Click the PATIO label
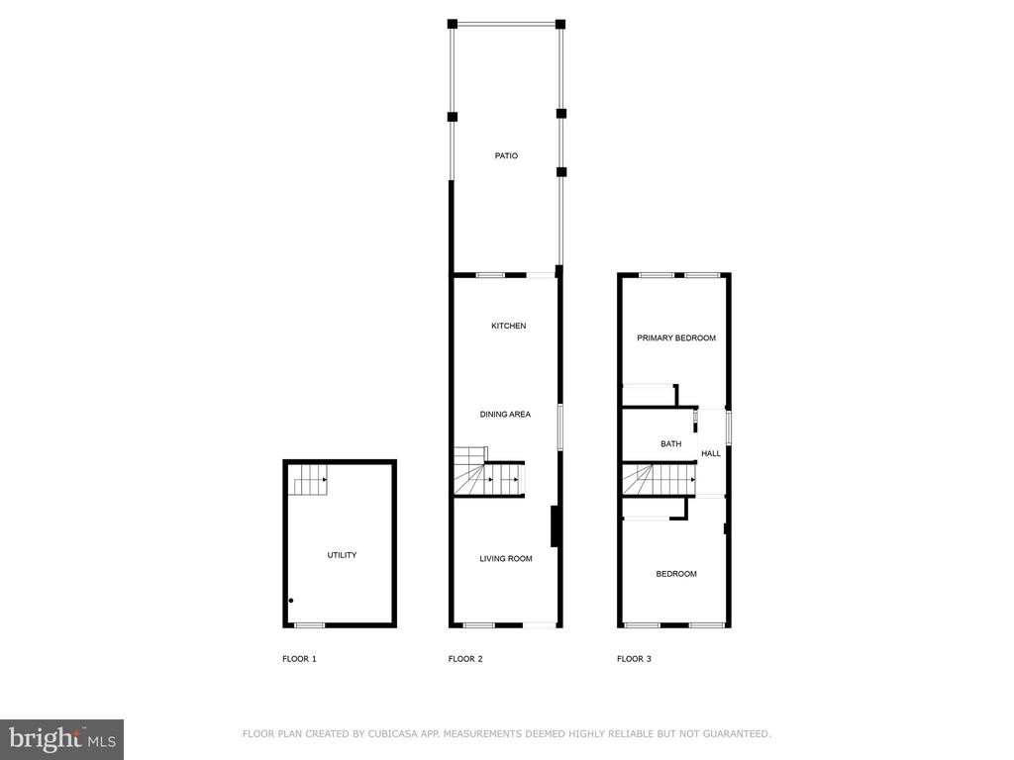click(x=506, y=155)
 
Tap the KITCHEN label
click(x=509, y=326)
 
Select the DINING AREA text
click(x=505, y=415)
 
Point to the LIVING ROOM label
click(x=506, y=558)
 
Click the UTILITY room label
click(x=342, y=555)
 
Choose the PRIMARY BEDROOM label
click(x=676, y=338)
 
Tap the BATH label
click(x=671, y=444)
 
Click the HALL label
click(x=711, y=453)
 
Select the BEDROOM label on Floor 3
click(x=676, y=574)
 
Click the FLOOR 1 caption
click(x=299, y=659)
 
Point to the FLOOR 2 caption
click(x=465, y=659)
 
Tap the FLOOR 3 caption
click(x=635, y=659)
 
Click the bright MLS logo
click(x=62, y=739)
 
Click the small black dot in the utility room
click(x=291, y=601)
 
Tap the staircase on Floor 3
click(x=659, y=480)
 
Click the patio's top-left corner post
click(x=453, y=25)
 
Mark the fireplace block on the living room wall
click(x=555, y=526)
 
